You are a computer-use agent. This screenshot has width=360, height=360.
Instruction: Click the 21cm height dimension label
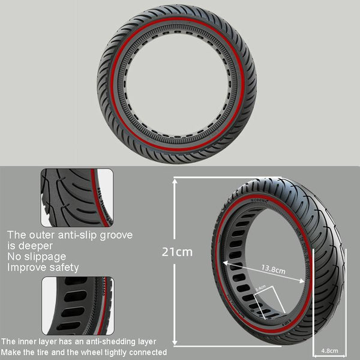coord(178,251)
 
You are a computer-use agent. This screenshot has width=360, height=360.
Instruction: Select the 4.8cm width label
coord(329,350)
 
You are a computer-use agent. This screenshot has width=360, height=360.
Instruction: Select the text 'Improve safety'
coord(43,268)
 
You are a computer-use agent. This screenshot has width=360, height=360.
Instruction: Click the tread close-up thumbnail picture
coord(76,196)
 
